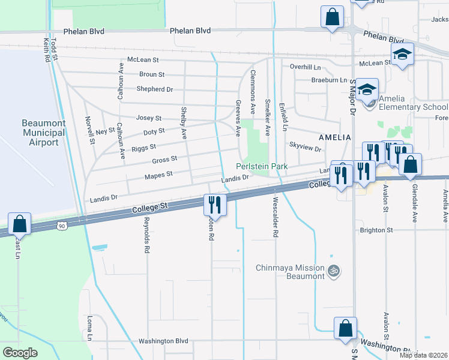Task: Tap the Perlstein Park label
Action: click(x=262, y=166)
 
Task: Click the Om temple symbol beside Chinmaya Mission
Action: click(x=334, y=272)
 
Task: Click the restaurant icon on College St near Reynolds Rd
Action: click(x=214, y=205)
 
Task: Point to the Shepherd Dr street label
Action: click(x=155, y=89)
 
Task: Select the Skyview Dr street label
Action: click(x=306, y=146)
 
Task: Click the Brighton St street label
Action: click(x=376, y=230)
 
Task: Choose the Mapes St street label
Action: click(x=159, y=175)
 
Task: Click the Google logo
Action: click(x=20, y=353)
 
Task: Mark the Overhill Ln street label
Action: click(x=306, y=67)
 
